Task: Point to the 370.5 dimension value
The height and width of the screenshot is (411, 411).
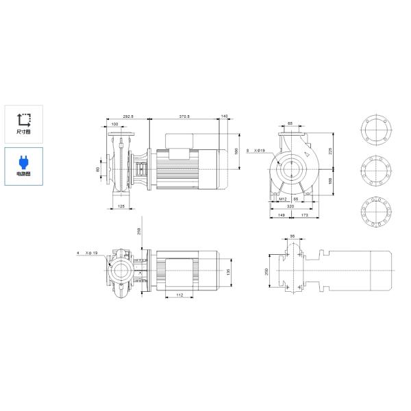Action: click(184, 116)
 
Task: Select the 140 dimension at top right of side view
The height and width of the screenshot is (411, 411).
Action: click(225, 116)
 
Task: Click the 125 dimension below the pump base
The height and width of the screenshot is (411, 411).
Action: click(121, 206)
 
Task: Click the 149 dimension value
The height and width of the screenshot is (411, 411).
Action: click(279, 215)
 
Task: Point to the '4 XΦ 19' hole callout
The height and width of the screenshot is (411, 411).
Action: click(88, 253)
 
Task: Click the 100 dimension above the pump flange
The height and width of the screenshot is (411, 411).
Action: click(115, 124)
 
